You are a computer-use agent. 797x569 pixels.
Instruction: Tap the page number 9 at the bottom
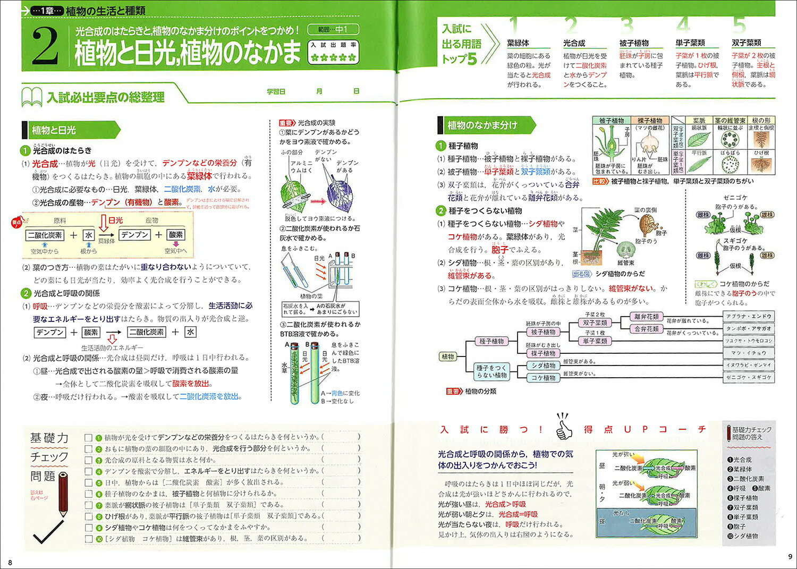[790, 556]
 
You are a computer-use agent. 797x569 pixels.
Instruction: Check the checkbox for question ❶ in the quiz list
[89, 438]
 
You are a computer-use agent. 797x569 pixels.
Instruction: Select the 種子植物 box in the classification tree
[491, 341]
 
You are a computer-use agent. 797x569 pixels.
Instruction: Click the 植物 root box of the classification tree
[448, 356]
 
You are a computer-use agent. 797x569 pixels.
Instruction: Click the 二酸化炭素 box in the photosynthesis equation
[45, 235]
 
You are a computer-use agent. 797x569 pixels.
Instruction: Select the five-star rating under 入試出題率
[333, 57]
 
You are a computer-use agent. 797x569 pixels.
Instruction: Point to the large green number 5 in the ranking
[739, 26]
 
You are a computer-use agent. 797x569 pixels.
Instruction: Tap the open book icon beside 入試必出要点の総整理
[32, 97]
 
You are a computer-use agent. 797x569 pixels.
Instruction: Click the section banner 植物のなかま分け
[482, 125]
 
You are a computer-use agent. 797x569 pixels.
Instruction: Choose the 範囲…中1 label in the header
[333, 30]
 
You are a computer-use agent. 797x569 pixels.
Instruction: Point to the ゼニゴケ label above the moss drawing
[735, 198]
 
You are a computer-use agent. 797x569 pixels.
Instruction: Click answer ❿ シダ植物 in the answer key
[743, 536]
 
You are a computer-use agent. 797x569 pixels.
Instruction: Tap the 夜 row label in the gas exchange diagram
[602, 522]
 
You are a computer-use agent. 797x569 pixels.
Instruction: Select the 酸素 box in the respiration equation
[91, 332]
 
